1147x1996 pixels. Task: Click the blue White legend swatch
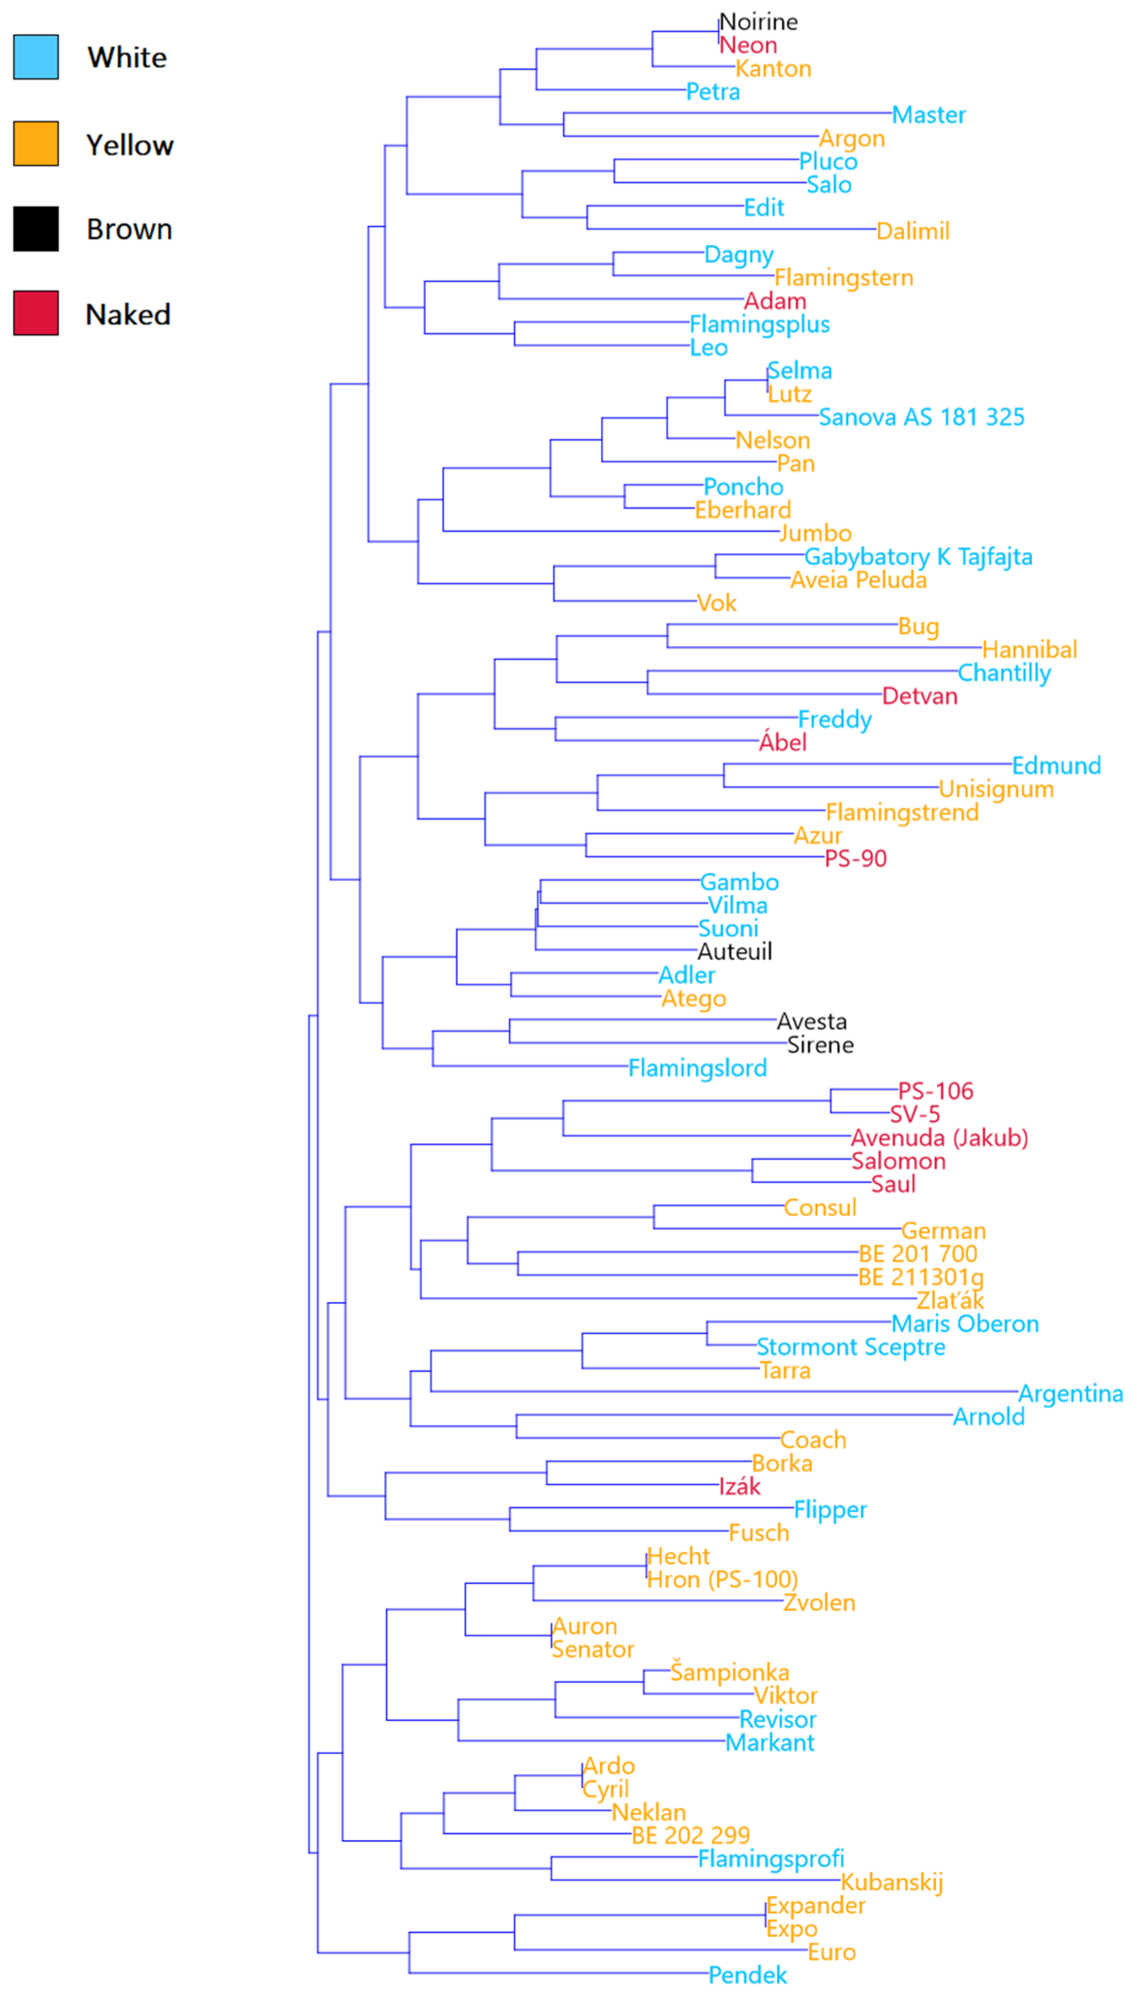pos(35,57)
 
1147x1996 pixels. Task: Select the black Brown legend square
pos(35,229)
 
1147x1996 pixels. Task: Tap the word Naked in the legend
pos(128,314)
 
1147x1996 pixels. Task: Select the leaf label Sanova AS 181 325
pos(921,417)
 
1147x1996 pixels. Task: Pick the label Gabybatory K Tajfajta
pos(918,556)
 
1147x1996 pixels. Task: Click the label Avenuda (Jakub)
pos(939,1137)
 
